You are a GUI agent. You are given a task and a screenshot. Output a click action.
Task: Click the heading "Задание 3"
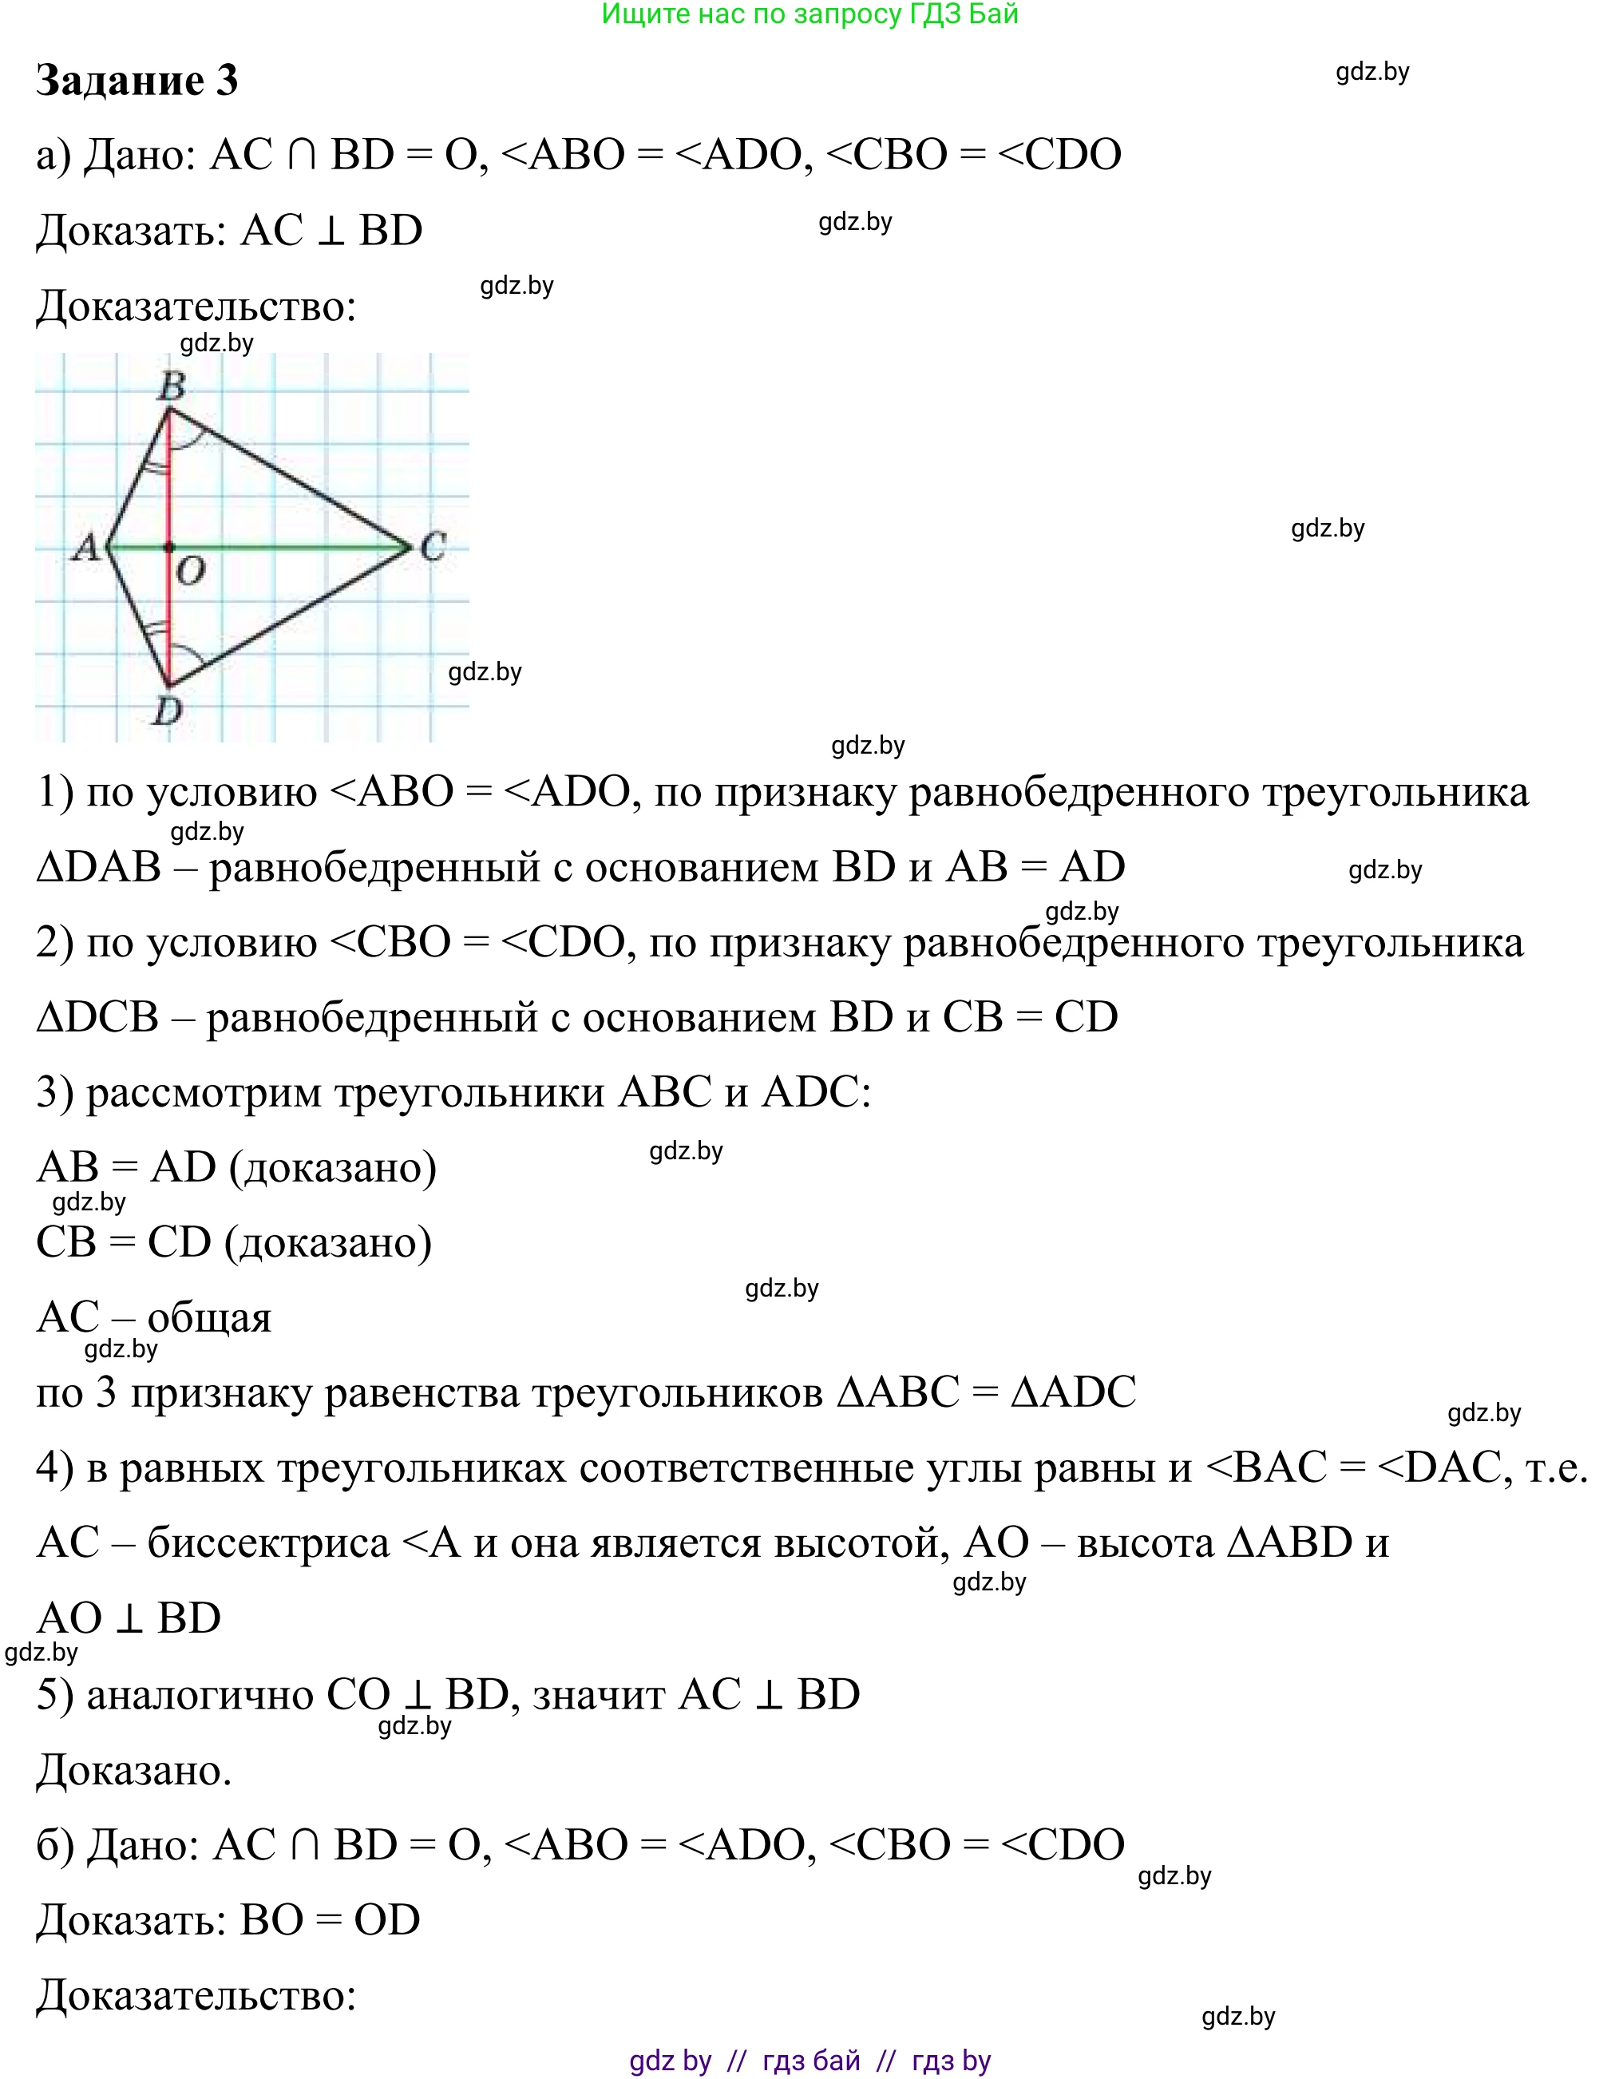(137, 81)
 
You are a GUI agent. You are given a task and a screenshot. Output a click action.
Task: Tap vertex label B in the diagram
(172, 386)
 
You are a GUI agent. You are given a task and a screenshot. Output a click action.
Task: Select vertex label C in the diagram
(433, 546)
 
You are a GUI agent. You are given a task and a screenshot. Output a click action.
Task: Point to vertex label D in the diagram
(168, 709)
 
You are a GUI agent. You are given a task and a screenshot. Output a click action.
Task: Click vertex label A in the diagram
(87, 548)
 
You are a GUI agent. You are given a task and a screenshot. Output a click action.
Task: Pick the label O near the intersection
(190, 571)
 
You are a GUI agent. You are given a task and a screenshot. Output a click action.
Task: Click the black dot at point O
(169, 548)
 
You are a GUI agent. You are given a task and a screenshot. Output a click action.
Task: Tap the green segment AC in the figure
(286, 548)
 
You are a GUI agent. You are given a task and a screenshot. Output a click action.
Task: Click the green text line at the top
(810, 14)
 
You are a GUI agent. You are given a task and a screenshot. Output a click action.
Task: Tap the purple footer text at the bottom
(810, 2061)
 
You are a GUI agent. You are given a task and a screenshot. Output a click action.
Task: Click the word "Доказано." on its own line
(134, 1771)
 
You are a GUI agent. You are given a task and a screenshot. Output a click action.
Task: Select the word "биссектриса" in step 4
(268, 1543)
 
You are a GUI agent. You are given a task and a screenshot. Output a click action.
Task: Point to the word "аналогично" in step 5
(200, 1696)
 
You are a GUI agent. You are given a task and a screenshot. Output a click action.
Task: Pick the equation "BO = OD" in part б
(331, 1920)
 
